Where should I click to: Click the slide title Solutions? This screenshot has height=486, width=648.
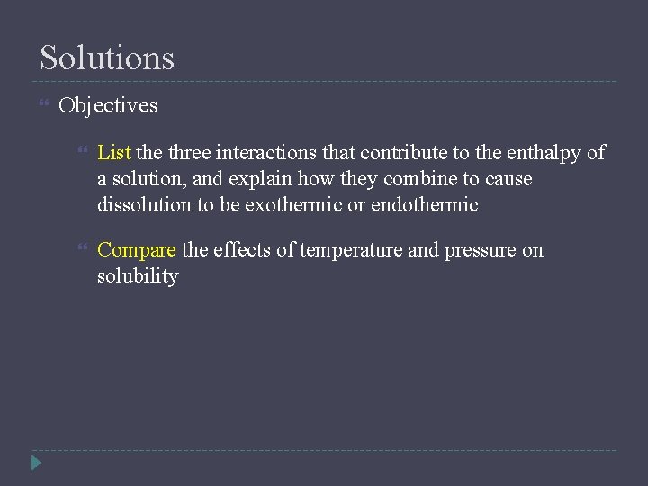click(107, 58)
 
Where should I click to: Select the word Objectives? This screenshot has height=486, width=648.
click(108, 105)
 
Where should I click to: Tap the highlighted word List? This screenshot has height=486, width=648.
click(114, 153)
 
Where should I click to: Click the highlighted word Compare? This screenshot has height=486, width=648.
click(137, 250)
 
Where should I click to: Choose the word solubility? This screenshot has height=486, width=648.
click(138, 276)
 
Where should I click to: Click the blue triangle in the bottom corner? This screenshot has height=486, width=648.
click(36, 463)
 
